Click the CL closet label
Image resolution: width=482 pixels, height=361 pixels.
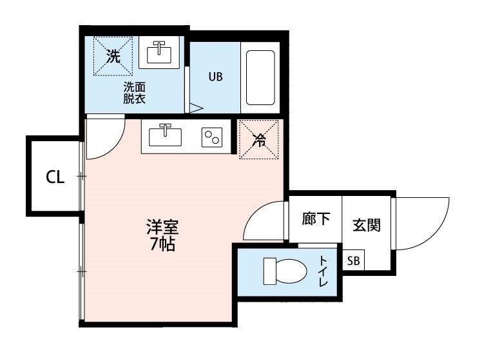pyautogui.click(x=55, y=177)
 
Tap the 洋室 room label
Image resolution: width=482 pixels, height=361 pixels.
pyautogui.click(x=162, y=228)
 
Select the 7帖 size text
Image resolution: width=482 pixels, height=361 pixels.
pyautogui.click(x=162, y=244)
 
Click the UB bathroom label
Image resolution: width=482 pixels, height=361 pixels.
pyautogui.click(x=215, y=76)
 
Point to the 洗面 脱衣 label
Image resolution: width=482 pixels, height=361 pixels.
pyautogui.click(x=135, y=93)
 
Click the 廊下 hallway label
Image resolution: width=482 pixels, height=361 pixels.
pyautogui.click(x=316, y=219)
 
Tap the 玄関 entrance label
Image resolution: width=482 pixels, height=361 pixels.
pyautogui.click(x=366, y=225)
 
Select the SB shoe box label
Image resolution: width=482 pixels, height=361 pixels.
pyautogui.click(x=354, y=260)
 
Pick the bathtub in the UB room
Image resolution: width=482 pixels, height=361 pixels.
pyautogui.click(x=260, y=77)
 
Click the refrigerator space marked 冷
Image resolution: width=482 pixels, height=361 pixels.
pyautogui.click(x=258, y=139)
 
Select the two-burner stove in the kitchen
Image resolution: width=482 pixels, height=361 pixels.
pyautogui.click(x=211, y=137)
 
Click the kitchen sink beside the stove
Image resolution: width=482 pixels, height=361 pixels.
pyautogui.click(x=166, y=136)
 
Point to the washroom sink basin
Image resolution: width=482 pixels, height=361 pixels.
pyautogui.click(x=158, y=52)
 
